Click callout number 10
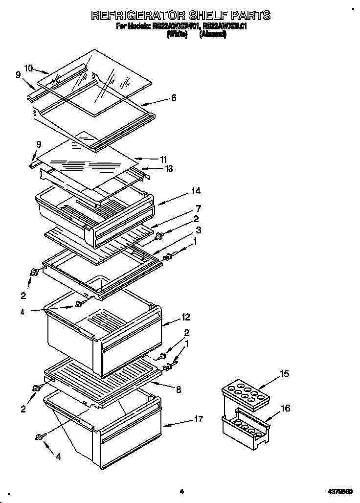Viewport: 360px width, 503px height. coord(29,69)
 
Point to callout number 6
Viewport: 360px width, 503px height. coord(174,98)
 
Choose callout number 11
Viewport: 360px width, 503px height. coord(163,160)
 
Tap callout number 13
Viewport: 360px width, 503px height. coord(169,169)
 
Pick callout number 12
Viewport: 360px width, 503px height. coord(185,317)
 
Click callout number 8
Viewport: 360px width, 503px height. coord(179,390)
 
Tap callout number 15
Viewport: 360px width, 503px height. coord(284,374)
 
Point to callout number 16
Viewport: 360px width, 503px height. coord(285,408)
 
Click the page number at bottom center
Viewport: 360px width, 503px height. coord(181,491)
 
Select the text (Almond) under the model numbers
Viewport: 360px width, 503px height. coord(212,35)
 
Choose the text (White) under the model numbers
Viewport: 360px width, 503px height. coord(177,35)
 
